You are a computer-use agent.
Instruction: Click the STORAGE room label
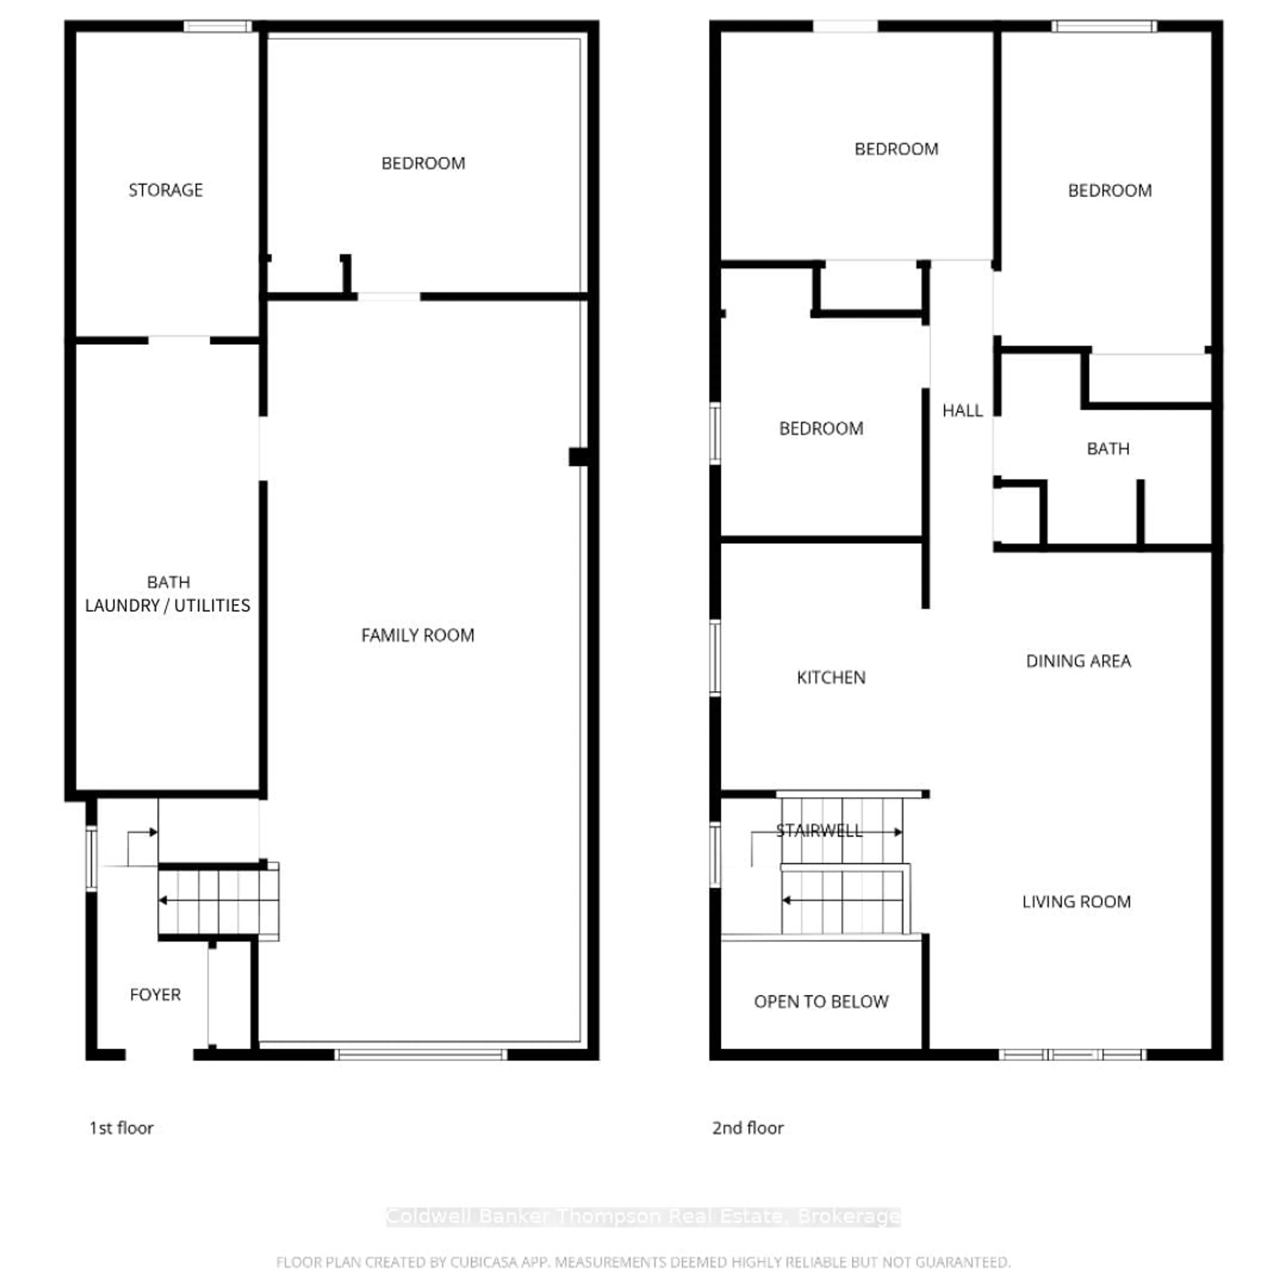click(x=165, y=190)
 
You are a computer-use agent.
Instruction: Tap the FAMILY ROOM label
click(x=418, y=635)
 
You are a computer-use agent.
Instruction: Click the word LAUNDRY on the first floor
click(x=122, y=606)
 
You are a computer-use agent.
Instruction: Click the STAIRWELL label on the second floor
click(x=819, y=831)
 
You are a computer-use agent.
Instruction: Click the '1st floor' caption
click(x=121, y=1128)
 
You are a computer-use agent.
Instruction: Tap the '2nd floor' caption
click(x=747, y=1128)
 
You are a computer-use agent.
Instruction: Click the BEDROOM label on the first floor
click(x=423, y=163)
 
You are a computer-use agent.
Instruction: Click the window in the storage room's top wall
click(x=218, y=27)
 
